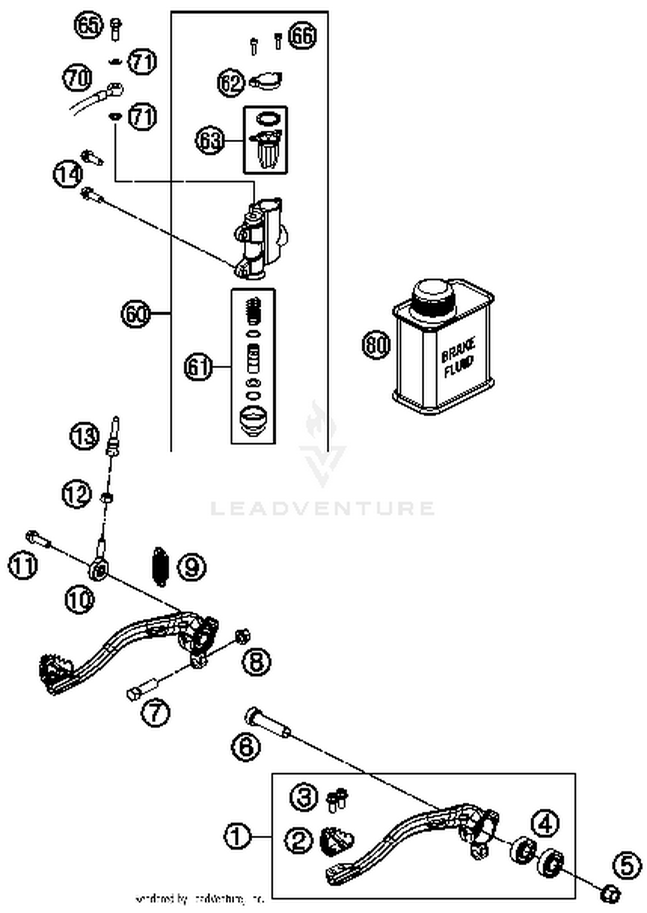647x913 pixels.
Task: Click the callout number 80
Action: point(376,345)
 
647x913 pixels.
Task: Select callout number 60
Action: point(135,314)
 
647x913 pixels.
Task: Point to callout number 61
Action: point(198,367)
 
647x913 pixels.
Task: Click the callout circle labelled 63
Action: point(210,140)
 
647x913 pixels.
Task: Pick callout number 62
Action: point(231,83)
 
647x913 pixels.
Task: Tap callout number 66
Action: point(302,35)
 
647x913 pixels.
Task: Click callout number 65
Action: point(88,25)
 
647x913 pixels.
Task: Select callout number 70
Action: point(78,78)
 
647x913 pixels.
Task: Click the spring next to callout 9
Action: point(160,567)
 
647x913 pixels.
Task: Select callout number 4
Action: point(546,824)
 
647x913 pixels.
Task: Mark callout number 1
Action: point(237,837)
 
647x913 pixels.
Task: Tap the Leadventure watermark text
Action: point(323,508)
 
